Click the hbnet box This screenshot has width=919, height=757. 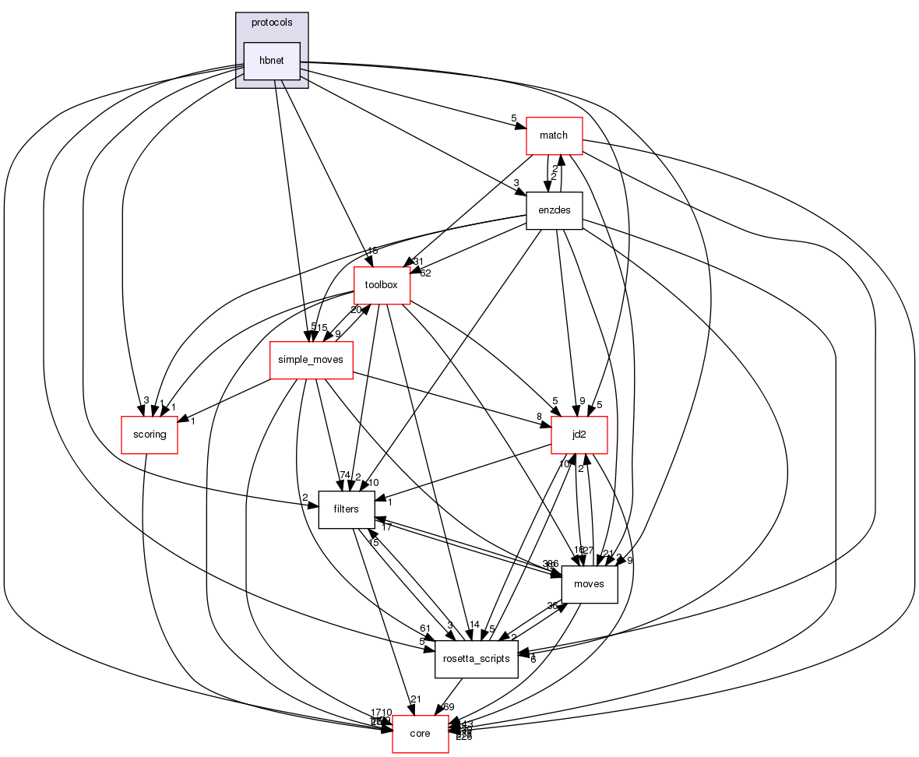[272, 61]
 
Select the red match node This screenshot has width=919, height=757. [555, 136]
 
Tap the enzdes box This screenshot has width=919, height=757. [555, 211]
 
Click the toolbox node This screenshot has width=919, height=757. [382, 285]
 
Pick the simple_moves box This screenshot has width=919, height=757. [311, 361]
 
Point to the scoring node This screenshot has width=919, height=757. [150, 435]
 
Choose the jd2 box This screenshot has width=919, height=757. [579, 435]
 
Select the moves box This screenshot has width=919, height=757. [589, 584]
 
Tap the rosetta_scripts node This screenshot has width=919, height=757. [476, 659]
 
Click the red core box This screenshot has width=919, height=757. [420, 734]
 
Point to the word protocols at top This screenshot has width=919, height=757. [272, 23]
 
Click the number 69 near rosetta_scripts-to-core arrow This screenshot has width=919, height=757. [449, 706]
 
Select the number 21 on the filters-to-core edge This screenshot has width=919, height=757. [416, 699]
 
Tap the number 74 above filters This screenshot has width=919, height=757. [343, 476]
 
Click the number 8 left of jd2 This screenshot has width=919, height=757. [538, 417]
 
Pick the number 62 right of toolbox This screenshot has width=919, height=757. [425, 273]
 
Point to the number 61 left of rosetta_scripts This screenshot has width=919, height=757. [425, 628]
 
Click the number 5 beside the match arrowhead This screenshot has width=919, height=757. [514, 118]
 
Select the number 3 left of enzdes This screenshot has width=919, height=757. [516, 184]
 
